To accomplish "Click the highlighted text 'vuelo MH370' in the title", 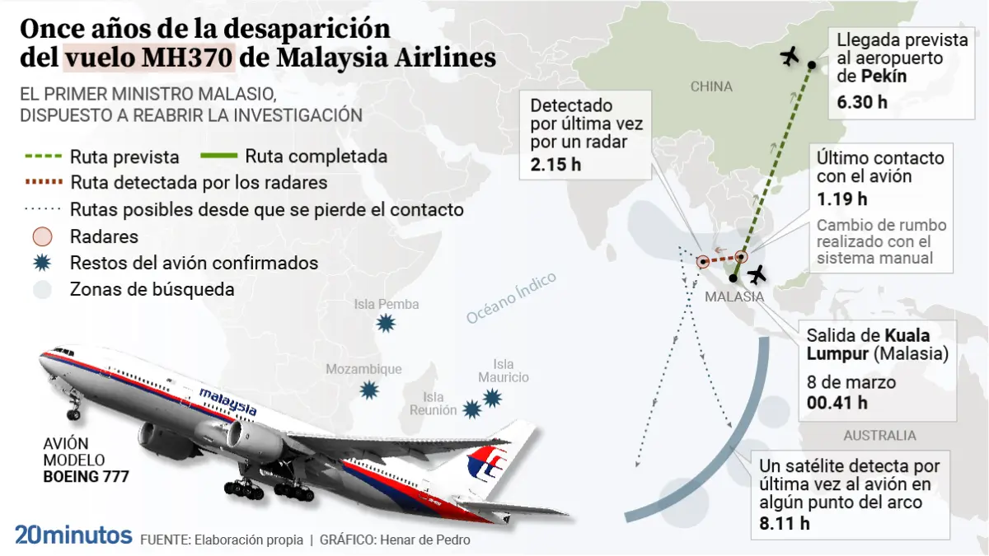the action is [149, 58].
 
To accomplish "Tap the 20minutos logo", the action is [73, 535].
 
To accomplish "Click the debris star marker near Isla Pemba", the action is [386, 324].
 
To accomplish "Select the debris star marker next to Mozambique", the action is [369, 390].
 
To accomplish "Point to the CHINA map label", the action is [711, 86].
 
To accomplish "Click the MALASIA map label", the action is [734, 297].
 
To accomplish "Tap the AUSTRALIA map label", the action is [880, 436].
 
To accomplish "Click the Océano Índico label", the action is [511, 298].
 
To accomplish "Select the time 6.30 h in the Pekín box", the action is [862, 102].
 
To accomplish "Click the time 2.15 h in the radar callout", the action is [555, 165].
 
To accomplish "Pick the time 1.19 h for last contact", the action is [842, 199].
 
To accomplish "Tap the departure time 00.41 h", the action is [837, 403].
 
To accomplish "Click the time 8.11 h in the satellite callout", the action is [785, 524].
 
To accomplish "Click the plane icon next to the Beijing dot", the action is [790, 57].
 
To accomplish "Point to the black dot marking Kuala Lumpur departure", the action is [734, 278].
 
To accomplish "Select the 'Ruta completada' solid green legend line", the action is [219, 156].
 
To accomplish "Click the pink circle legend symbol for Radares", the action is [42, 237].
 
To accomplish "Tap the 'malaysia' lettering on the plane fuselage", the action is [227, 401].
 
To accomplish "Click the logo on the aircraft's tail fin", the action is [486, 463].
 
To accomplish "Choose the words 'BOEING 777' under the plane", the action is [86, 477].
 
